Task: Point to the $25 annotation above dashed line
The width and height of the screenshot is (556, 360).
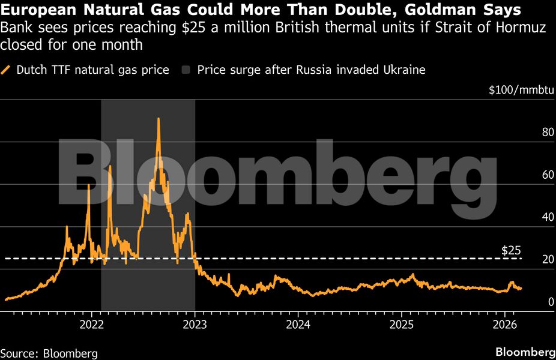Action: pyautogui.click(x=511, y=250)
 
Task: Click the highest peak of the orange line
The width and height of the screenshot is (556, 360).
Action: pyautogui.click(x=158, y=119)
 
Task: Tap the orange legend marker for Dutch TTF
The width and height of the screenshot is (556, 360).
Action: pyautogui.click(x=7, y=70)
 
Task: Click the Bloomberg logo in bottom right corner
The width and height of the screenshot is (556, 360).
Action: pyautogui.click(x=525, y=351)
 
